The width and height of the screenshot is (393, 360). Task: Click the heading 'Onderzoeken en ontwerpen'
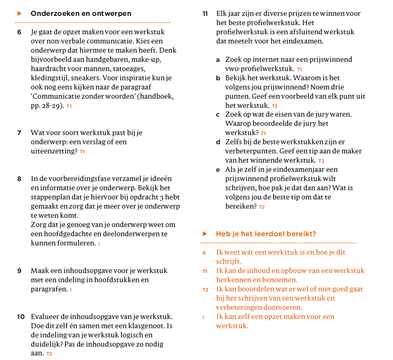pos(81,14)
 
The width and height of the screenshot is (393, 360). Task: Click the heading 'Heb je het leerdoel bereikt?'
pos(266,234)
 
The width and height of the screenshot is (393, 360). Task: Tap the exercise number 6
pos(20,32)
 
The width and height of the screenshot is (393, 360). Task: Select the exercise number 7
pos(20,133)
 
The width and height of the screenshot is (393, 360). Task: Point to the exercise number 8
pos(20,179)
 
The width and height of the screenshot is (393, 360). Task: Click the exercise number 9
pos(20,271)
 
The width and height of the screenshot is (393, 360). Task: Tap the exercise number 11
pos(205,14)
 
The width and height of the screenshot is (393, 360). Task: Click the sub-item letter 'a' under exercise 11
pos(218,60)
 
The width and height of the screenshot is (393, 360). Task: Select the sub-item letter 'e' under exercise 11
pos(218,170)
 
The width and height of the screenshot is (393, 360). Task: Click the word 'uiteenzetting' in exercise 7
pos(54,151)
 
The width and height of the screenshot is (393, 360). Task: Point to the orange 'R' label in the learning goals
pos(204,253)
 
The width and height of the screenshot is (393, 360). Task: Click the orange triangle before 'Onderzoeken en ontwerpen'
pos(20,14)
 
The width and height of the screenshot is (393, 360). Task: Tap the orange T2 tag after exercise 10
pos(49,354)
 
